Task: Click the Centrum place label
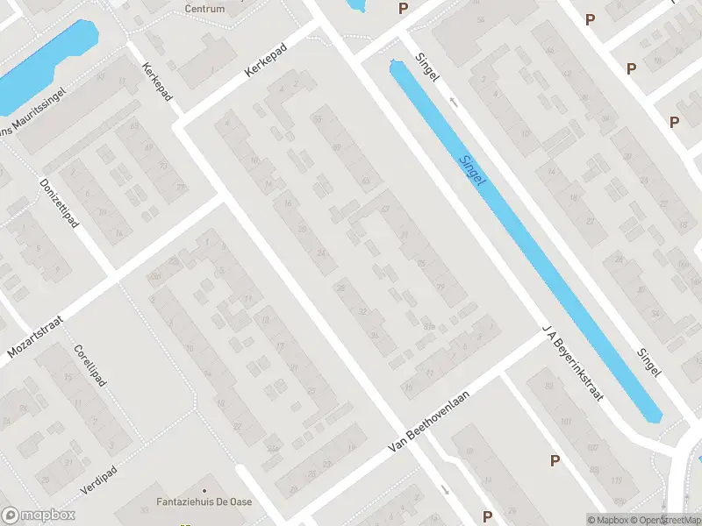click(x=204, y=9)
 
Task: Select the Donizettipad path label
click(x=59, y=204)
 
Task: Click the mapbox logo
click(x=39, y=515)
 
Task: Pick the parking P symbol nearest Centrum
click(x=403, y=9)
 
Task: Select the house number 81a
click(x=429, y=327)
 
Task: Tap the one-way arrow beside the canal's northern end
click(x=454, y=102)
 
